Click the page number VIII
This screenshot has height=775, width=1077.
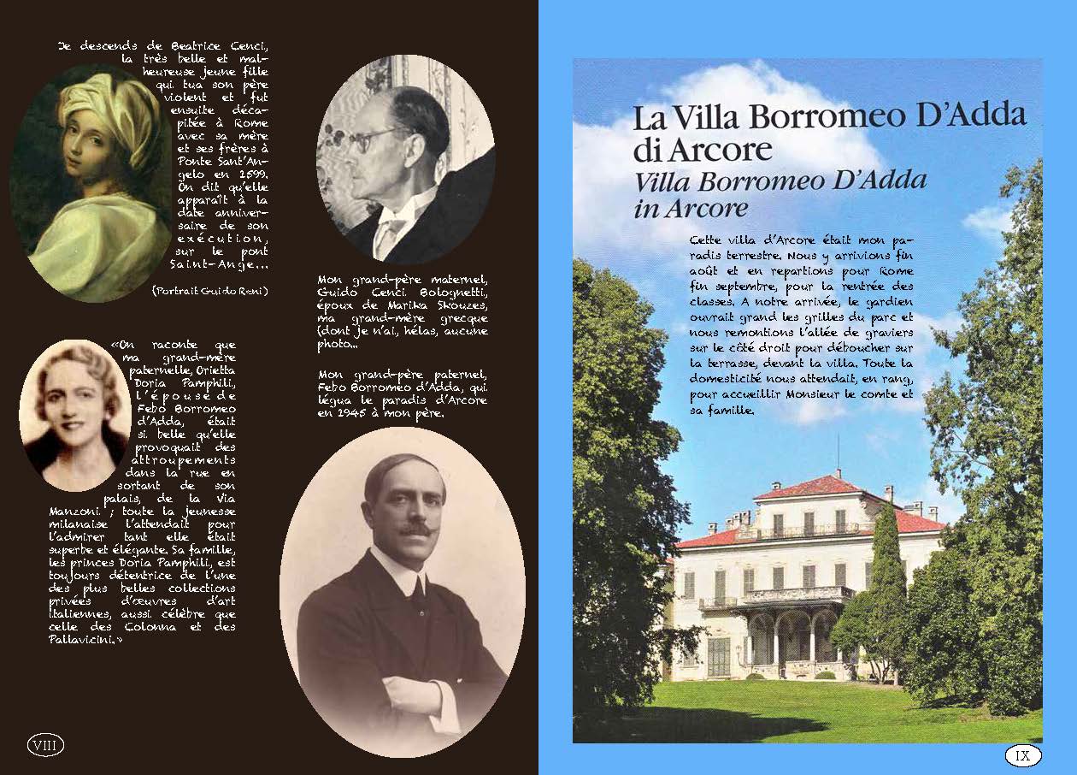[x=46, y=746]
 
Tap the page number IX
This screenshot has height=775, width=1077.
[x=1022, y=755]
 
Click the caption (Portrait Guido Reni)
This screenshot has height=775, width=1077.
[x=209, y=291]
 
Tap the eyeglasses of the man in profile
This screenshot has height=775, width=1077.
[x=368, y=137]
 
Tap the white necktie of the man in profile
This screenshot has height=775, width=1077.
[x=389, y=231]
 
